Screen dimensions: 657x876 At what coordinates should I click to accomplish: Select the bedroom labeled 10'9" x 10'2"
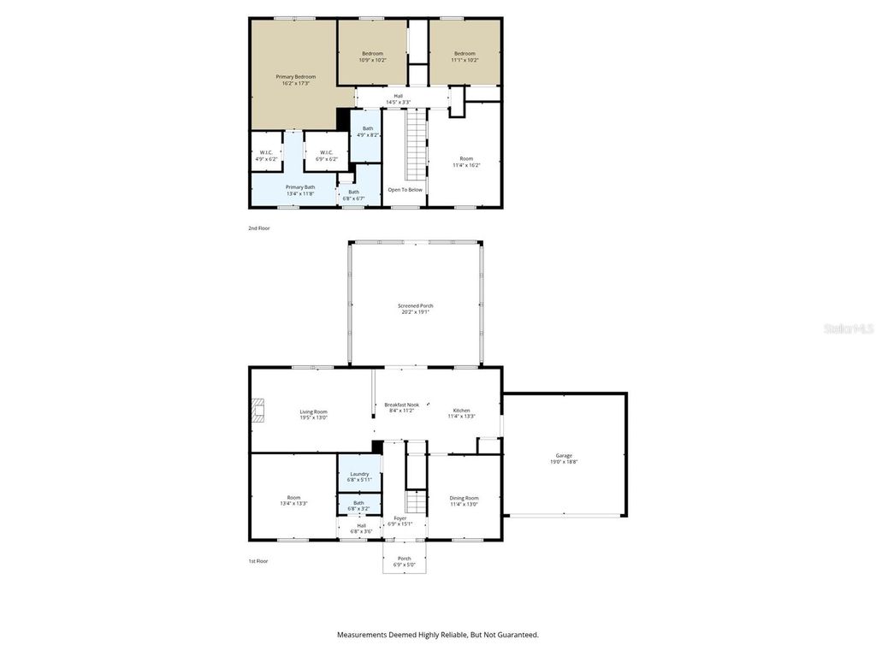[371, 56]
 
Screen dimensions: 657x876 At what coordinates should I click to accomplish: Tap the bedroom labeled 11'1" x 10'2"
[465, 56]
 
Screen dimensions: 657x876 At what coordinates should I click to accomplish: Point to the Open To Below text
[405, 190]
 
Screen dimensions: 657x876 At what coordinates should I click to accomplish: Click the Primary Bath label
[300, 190]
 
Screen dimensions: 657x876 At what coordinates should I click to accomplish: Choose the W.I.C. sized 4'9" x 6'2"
[266, 156]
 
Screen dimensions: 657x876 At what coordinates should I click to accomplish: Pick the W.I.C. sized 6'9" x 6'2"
[325, 156]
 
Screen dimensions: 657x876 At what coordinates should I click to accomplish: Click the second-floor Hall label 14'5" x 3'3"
[398, 99]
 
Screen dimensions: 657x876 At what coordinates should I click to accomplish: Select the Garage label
[564, 459]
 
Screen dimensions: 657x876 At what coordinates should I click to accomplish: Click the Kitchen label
[461, 412]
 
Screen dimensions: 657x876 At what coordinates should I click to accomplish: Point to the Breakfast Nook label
[401, 407]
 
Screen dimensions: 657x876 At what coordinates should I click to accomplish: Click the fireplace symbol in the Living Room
[257, 411]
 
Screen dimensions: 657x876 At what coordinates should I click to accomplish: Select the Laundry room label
[359, 476]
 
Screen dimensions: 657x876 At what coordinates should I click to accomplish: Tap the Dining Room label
[465, 500]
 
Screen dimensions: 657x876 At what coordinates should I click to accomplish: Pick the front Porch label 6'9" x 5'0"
[404, 561]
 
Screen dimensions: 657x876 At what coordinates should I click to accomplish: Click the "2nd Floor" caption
[258, 228]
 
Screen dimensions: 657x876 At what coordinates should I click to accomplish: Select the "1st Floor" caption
[258, 561]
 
